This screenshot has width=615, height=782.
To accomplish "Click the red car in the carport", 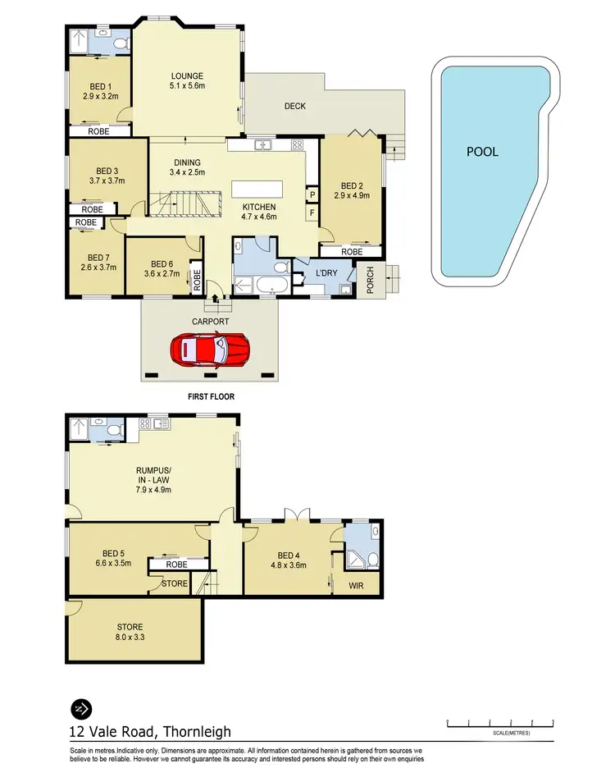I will pos(211,350).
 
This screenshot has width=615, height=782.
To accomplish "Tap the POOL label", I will pos(482,151).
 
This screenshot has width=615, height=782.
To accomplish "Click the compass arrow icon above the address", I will pos(82,708).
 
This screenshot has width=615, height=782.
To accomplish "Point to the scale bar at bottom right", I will pos(499,723).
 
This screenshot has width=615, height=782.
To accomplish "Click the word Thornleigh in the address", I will pos(197,731).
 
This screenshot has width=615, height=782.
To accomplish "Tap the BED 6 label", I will pos(160,264).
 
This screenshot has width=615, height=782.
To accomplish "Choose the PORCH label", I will pos(370,282).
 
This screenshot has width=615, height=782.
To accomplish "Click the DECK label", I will pos(295,106).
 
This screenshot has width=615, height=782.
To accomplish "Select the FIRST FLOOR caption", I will pos(211,396).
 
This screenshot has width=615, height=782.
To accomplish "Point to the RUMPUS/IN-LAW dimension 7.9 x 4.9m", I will pos(153,488).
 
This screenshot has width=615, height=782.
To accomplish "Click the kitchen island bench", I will pos(257,189).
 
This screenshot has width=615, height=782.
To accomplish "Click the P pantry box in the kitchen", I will pos(312,194).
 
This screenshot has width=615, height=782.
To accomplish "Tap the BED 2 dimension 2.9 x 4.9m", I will pos(352,195).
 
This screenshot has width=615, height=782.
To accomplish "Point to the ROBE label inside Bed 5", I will pos(176,565).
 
